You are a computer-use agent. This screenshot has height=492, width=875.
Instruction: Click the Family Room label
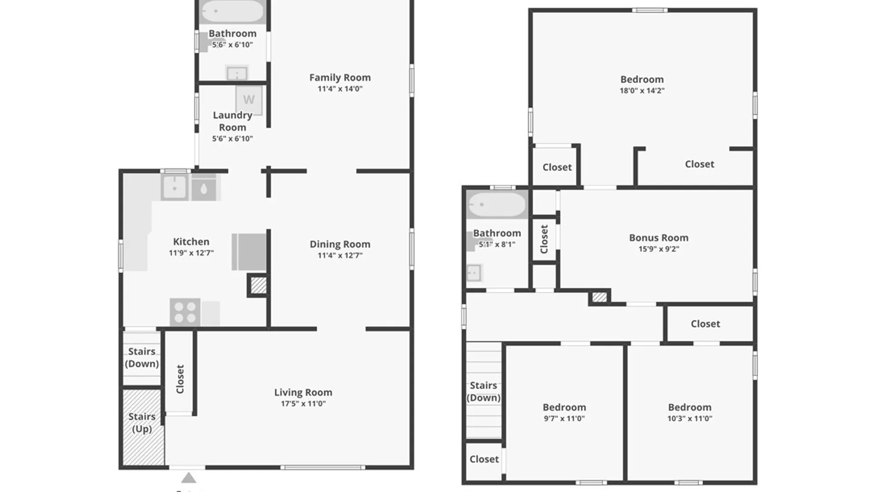(x=340, y=77)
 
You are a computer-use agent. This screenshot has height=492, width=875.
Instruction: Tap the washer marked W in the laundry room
(x=249, y=100)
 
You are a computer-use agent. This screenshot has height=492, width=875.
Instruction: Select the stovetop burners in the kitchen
(x=185, y=312)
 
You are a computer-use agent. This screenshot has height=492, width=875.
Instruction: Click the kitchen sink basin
(x=175, y=187)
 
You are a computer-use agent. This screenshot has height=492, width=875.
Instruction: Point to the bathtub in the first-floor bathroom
(x=232, y=11)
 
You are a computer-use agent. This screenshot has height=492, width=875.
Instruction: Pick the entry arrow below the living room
(x=189, y=478)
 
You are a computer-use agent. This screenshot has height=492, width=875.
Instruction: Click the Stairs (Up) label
(x=142, y=423)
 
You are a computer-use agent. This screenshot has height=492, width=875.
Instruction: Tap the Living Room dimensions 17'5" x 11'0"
(x=303, y=404)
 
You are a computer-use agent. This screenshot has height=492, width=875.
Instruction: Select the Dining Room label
(x=340, y=244)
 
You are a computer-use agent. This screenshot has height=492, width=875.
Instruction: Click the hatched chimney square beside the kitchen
(x=258, y=286)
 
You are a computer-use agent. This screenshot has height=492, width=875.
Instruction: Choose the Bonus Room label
(x=659, y=238)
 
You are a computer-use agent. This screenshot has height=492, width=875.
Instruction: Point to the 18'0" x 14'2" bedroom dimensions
(x=642, y=91)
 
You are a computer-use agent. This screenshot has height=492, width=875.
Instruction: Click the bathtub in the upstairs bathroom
(x=497, y=204)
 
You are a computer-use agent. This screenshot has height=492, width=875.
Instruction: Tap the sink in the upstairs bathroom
(x=474, y=273)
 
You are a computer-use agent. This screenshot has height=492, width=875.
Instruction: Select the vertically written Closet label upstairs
(x=544, y=239)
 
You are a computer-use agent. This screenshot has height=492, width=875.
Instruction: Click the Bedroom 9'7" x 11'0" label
(x=564, y=407)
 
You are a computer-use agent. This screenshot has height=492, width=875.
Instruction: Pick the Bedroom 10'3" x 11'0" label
(x=690, y=407)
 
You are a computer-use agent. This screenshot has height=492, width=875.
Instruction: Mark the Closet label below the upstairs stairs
(x=484, y=459)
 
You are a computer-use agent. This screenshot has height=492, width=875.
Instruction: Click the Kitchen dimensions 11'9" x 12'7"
(x=191, y=253)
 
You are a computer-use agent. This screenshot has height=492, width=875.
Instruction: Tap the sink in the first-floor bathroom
(x=237, y=73)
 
